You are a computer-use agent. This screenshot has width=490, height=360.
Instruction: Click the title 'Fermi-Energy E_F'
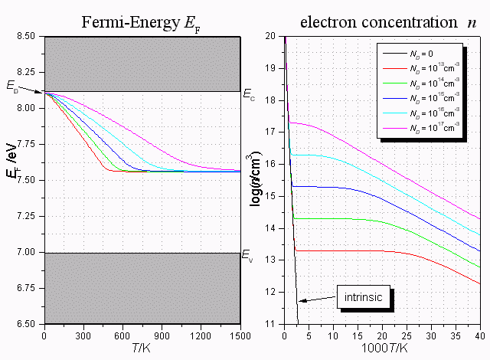coord(142,21)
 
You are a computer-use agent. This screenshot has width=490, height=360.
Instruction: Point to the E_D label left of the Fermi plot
coord(12,89)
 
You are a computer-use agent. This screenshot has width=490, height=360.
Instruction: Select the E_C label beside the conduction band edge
coord(249,95)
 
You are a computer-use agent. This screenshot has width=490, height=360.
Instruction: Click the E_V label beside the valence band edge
coord(247,255)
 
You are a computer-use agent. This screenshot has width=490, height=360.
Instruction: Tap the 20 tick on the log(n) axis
coord(270,35)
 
